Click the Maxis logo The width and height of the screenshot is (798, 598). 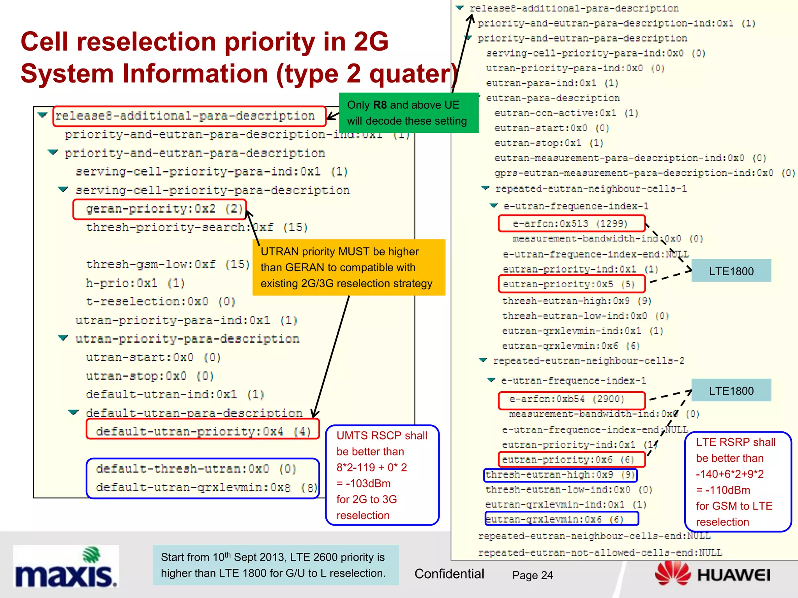(65, 567)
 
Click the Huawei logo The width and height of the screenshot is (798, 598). (713, 574)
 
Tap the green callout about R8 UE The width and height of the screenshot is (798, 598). (408, 113)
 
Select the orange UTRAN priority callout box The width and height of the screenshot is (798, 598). (348, 267)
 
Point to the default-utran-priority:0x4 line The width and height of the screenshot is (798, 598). (203, 431)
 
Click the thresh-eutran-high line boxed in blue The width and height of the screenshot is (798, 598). (560, 475)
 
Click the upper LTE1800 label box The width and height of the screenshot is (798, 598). (731, 271)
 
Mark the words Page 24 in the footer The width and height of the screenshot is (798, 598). (532, 575)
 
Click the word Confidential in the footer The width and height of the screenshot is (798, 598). (449, 574)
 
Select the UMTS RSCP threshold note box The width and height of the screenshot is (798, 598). (382, 475)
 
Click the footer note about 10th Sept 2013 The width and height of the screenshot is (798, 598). (275, 565)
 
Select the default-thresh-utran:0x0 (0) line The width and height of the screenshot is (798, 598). (196, 469)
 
